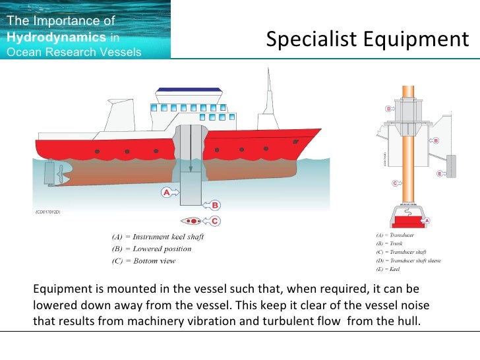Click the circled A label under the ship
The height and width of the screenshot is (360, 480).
pyautogui.click(x=166, y=193)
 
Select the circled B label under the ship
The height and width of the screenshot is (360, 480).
pyautogui.click(x=215, y=206)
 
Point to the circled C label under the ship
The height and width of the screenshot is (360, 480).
pyautogui.click(x=215, y=221)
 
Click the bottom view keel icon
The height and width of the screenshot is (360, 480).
pyautogui.click(x=193, y=221)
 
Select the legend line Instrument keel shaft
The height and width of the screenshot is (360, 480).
pyautogui.click(x=156, y=237)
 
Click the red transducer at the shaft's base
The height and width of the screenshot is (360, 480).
pyautogui.click(x=408, y=218)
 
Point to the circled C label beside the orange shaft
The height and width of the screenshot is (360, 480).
pyautogui.click(x=395, y=183)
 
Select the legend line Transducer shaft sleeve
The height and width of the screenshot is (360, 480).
pyautogui.click(x=408, y=260)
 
